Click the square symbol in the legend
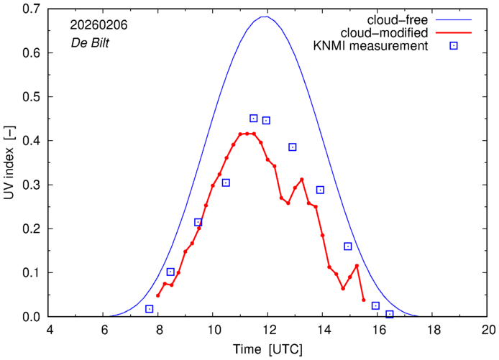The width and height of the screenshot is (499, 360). coord(454,47)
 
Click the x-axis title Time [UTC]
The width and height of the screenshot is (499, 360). coord(267,350)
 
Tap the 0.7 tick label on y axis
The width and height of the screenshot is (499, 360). coord(29,9)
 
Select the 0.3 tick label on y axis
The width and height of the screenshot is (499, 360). coord(29,185)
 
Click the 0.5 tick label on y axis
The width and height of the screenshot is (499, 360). coord(29,97)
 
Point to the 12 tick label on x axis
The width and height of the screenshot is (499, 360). coord(267,330)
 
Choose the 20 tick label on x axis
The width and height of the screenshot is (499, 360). coord(488,330)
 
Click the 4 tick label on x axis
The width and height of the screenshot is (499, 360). coord(50,330)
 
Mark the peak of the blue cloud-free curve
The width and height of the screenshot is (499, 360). coord(267,17)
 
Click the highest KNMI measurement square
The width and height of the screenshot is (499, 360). coord(253,118)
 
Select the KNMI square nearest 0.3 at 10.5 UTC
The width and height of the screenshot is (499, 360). coord(226,183)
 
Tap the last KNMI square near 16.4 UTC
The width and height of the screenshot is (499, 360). coord(390,314)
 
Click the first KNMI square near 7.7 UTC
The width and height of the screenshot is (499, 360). coord(150,309)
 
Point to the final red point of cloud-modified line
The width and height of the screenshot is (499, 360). coord(364,300)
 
